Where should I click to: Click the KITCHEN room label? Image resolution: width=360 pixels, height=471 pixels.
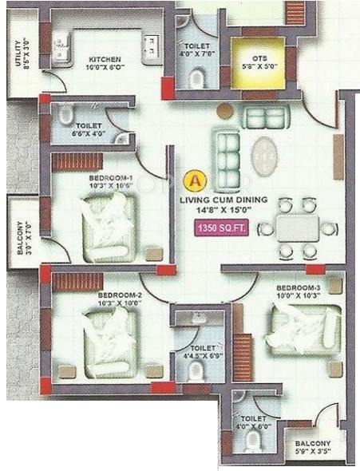105,60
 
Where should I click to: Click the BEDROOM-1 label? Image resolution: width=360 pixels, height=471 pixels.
109,178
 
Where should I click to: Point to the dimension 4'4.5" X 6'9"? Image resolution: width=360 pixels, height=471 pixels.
196,353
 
